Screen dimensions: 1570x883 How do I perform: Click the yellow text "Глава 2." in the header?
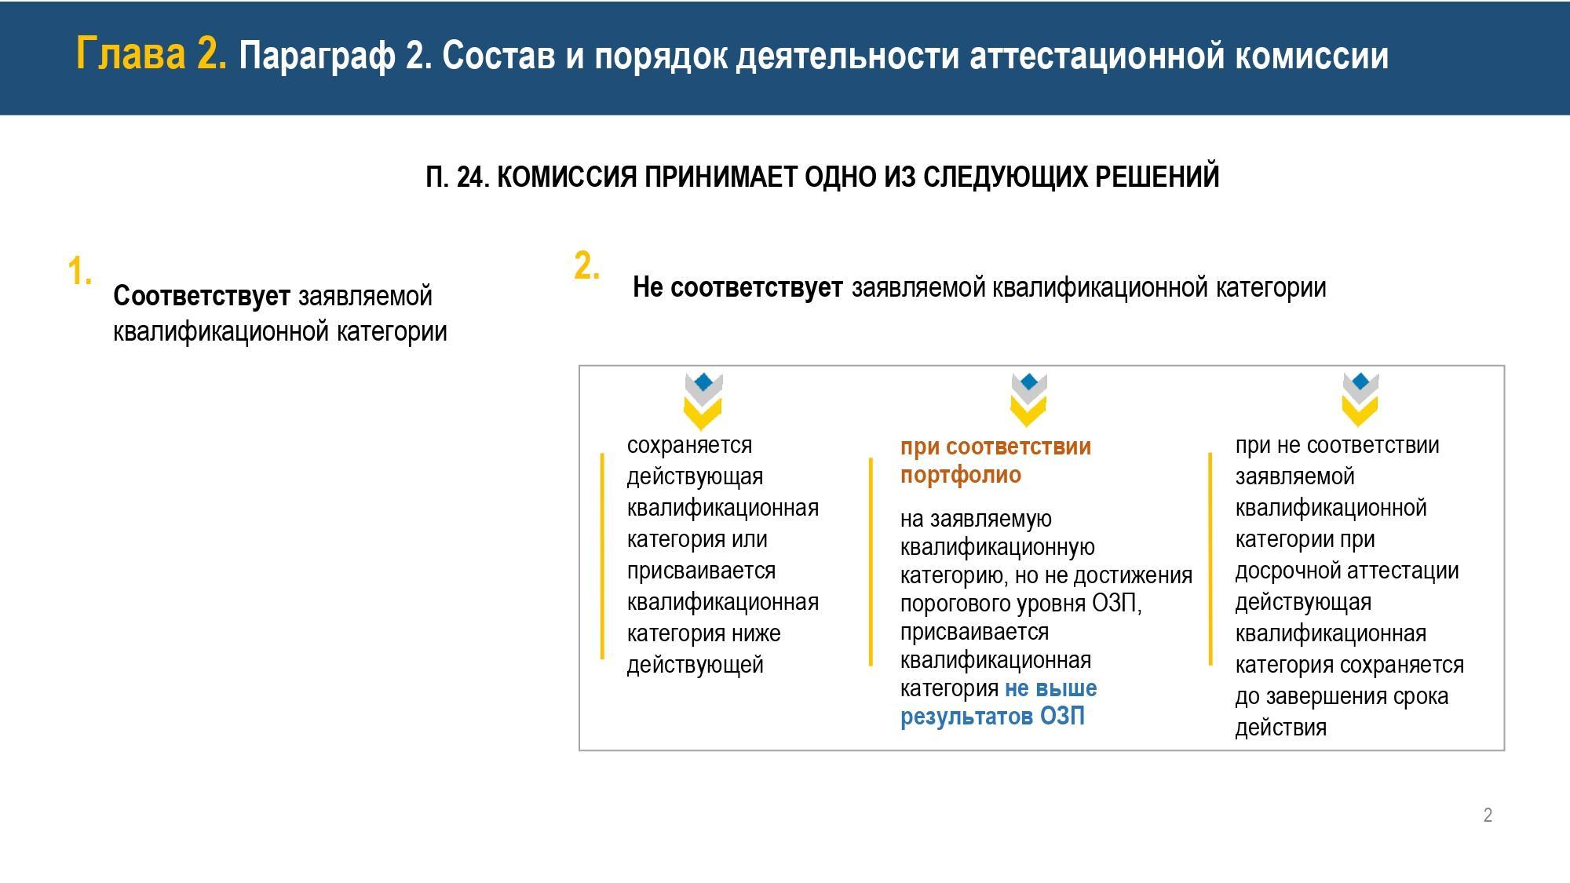[152, 54]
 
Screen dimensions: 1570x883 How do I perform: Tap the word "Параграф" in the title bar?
[317, 57]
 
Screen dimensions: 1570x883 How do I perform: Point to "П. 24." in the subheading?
[458, 177]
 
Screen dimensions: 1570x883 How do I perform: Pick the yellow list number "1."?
[80, 272]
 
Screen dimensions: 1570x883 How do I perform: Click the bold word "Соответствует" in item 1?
[202, 296]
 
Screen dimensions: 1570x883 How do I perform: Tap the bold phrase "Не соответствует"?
[738, 287]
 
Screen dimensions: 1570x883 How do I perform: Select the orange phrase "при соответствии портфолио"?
[995, 461]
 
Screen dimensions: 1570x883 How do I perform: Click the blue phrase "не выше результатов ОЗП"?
[999, 702]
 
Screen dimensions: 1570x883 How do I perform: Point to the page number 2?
[1488, 815]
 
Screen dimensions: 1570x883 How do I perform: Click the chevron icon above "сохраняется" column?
[703, 401]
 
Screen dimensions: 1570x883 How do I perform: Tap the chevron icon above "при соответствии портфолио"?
[1028, 400]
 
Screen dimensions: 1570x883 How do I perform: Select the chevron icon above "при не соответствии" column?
[1360, 400]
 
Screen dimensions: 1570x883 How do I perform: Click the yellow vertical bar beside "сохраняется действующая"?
[602, 556]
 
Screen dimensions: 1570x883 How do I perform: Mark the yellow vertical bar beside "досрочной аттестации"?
[1210, 559]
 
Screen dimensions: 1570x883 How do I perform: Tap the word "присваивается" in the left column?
[701, 571]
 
